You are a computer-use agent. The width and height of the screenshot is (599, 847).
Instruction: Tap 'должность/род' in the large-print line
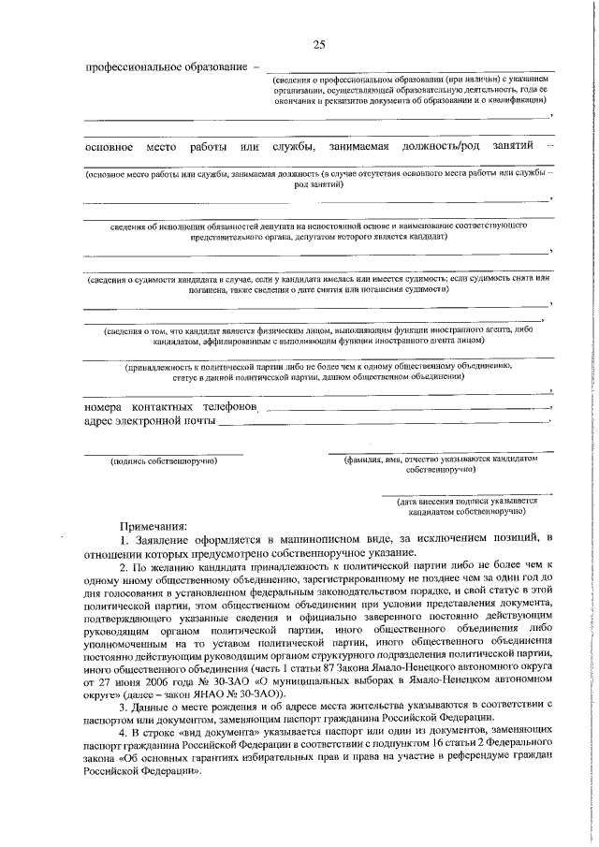(442, 147)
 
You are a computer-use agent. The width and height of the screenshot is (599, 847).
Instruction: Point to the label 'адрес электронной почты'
(149, 422)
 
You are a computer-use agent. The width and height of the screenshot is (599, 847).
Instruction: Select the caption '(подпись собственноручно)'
(164, 461)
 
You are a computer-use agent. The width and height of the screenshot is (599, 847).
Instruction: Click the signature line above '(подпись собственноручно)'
(164, 453)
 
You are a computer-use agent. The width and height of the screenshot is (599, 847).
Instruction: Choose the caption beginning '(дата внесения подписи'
(465, 505)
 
